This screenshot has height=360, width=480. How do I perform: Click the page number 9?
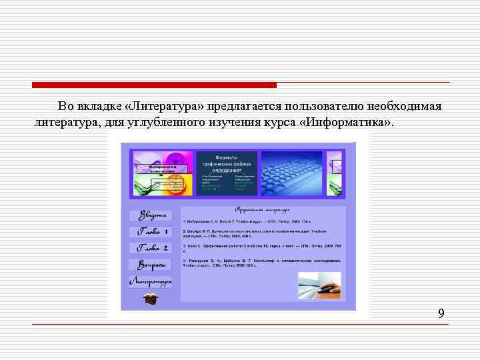point(441,313)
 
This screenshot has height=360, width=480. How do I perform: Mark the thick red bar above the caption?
point(154,85)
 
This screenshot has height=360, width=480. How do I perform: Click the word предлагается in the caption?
point(243,107)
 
